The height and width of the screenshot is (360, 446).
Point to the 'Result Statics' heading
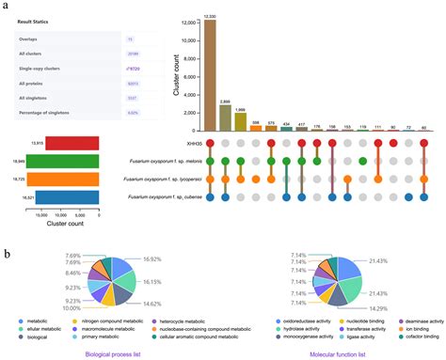click(36, 16)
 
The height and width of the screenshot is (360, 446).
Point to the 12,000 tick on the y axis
click(188, 21)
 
